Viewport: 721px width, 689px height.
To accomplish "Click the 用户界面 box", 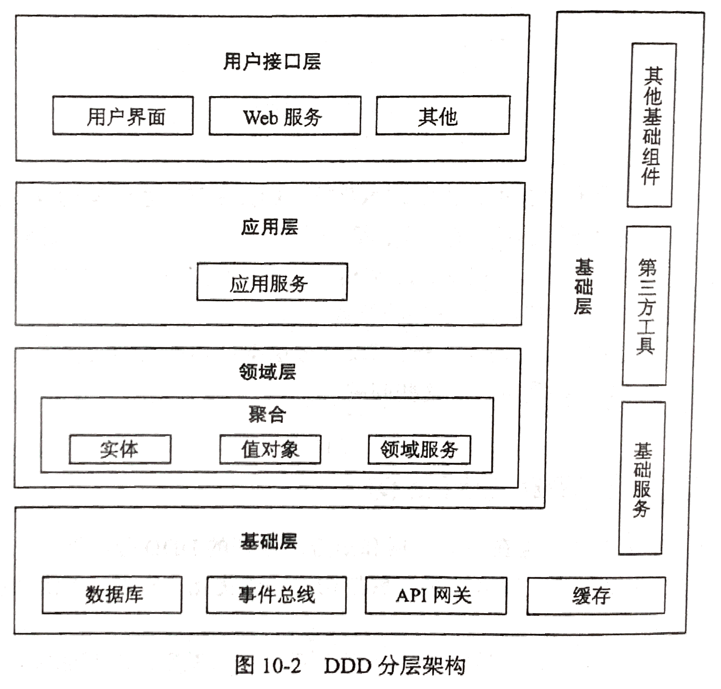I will [x=123, y=116].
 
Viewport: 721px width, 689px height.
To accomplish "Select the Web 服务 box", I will [x=284, y=116].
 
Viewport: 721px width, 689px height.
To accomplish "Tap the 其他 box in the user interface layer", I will [x=443, y=116].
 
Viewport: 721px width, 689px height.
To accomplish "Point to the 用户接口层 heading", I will [x=272, y=62].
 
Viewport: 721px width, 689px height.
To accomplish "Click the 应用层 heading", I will [x=269, y=227].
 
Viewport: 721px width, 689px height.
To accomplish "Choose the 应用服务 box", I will [x=272, y=282].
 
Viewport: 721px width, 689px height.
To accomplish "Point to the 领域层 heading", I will [x=267, y=372].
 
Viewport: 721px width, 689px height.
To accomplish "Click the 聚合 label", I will [x=267, y=414].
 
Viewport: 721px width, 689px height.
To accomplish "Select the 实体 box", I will [x=120, y=449].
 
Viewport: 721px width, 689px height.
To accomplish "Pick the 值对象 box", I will [x=270, y=449].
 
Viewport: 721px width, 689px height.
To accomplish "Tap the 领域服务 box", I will [x=419, y=449].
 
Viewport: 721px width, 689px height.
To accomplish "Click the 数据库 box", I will [x=112, y=594].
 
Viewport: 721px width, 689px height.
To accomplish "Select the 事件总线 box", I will [x=276, y=594].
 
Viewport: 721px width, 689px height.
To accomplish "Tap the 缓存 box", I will [x=596, y=596].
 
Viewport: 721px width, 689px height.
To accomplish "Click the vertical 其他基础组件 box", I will [x=651, y=125].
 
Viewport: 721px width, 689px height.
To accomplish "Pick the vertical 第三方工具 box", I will [x=646, y=306].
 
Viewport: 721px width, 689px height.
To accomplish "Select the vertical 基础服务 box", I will [x=642, y=478].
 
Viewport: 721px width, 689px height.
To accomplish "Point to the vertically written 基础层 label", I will [x=583, y=286].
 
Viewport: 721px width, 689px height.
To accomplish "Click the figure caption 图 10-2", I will [x=268, y=665].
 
